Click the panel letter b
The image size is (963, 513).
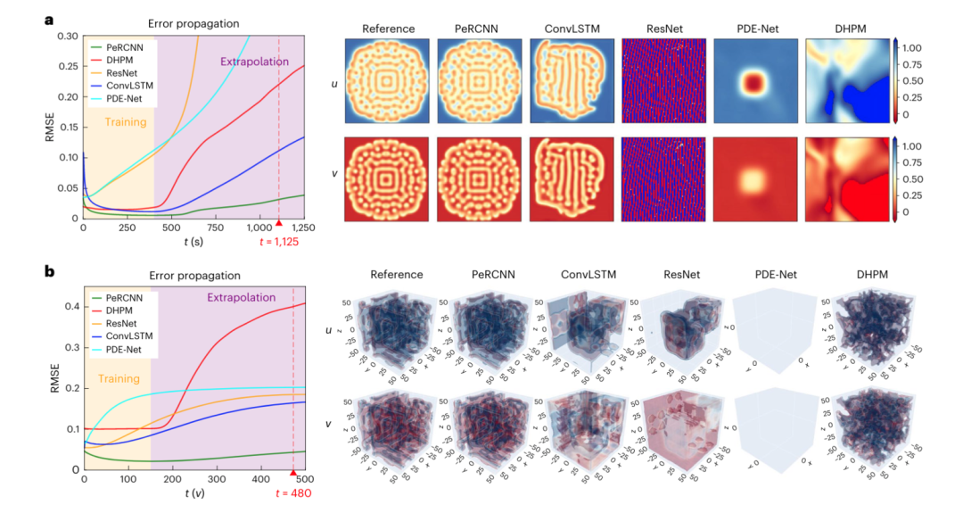(x=52, y=271)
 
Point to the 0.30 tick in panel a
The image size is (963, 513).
(x=67, y=37)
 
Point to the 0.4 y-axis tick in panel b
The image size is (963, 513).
(x=70, y=306)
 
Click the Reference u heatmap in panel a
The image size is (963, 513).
(x=388, y=83)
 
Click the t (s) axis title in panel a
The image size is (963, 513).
(x=193, y=241)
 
